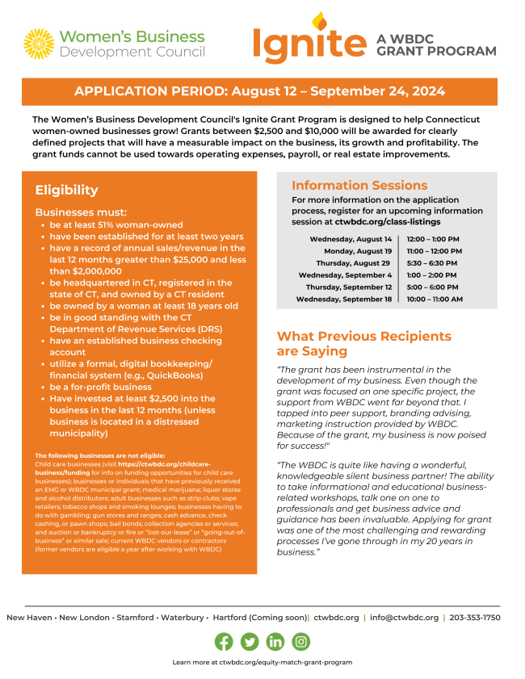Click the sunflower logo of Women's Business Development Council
(39, 44)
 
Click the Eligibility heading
(66, 191)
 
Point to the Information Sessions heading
(359, 186)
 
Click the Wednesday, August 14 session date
(350, 239)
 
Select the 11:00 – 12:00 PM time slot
(435, 251)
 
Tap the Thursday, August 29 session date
(353, 263)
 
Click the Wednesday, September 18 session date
(343, 300)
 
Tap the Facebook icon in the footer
(224, 642)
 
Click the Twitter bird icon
(250, 642)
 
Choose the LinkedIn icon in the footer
(275, 642)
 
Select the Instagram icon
(301, 642)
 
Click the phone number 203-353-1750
(475, 618)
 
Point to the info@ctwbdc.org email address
(404, 618)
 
